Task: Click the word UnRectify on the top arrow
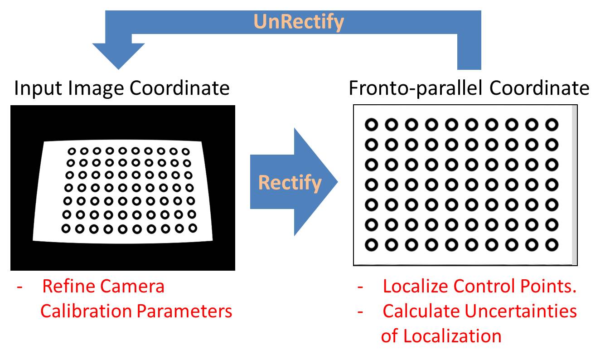pyautogui.click(x=298, y=22)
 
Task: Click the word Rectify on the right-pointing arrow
pyautogui.click(x=290, y=183)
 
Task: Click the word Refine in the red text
pyautogui.click(x=68, y=287)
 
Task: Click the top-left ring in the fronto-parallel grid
pyautogui.click(x=372, y=124)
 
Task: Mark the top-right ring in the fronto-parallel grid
pyautogui.click(x=552, y=124)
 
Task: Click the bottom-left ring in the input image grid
pyautogui.click(x=66, y=229)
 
